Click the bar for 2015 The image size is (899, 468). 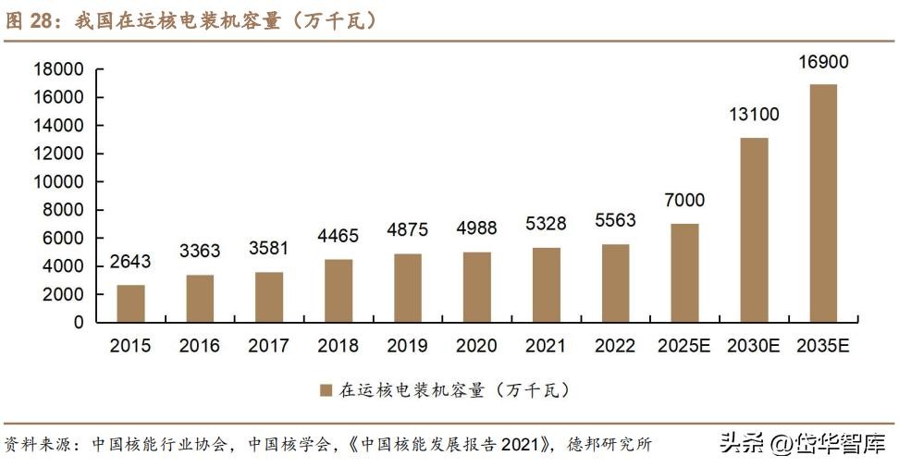(x=130, y=303)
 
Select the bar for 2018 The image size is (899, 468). (x=339, y=290)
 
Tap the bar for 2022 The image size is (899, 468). (x=616, y=283)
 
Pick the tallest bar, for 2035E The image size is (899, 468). (x=823, y=203)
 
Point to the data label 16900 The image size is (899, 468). (x=823, y=64)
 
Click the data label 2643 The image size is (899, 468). (x=130, y=263)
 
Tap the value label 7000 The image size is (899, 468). (x=684, y=201)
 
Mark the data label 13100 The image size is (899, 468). (x=754, y=115)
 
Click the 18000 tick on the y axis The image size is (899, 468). (x=58, y=69)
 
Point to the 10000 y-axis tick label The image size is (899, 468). (x=58, y=182)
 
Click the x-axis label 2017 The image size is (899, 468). (x=269, y=347)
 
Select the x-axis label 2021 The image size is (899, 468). (x=547, y=347)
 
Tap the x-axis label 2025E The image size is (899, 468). (x=684, y=347)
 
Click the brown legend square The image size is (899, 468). (x=326, y=390)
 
